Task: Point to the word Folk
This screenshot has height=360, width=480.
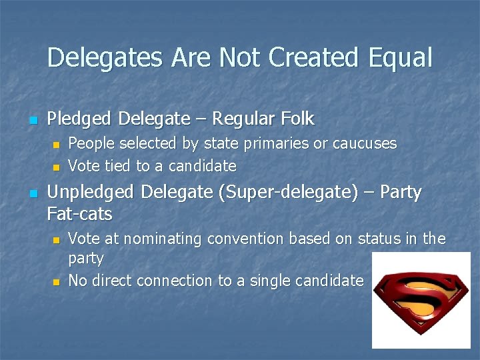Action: (297, 119)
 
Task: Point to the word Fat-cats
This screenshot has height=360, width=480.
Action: (80, 214)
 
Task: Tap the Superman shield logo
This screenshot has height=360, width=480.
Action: (421, 301)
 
